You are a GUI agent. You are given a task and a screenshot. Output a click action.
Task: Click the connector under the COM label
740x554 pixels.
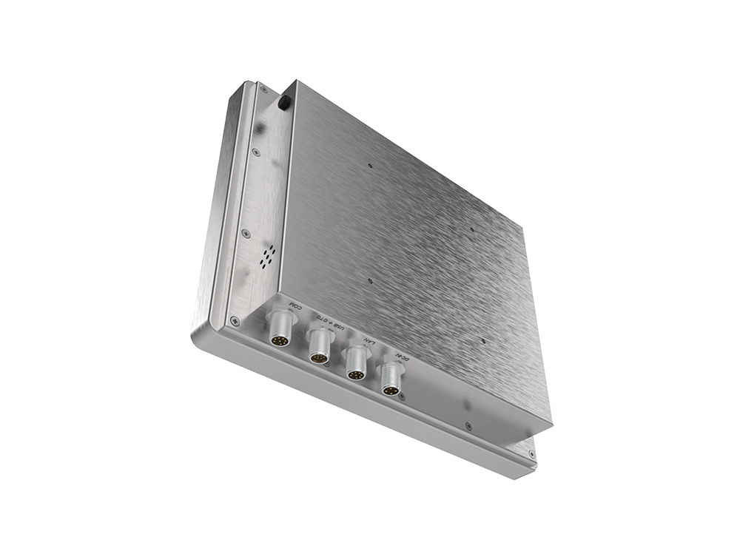click(x=282, y=330)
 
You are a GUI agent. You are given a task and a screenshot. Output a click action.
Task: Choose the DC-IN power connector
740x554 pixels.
click(x=391, y=381)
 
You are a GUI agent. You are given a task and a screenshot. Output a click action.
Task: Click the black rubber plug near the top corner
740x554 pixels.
click(x=284, y=103)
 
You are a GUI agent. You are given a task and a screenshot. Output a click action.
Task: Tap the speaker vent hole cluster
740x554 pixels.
click(x=267, y=257)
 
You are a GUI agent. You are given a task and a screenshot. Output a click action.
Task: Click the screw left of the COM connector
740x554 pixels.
click(x=235, y=320)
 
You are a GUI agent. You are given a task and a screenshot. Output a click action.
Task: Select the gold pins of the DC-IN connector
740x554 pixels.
click(x=389, y=389)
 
